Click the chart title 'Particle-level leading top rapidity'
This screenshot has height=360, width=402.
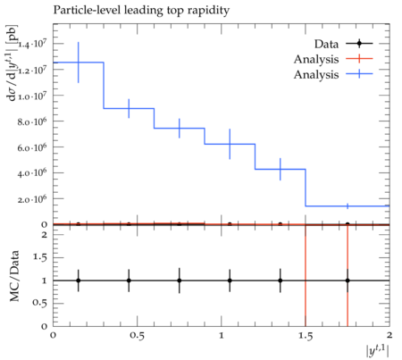click(141, 11)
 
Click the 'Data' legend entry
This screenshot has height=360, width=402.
click(326, 44)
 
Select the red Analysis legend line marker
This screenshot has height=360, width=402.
click(359, 59)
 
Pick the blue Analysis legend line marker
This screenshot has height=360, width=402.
click(359, 73)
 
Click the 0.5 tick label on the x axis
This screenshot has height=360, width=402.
click(137, 336)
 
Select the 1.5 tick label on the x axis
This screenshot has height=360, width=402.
click(306, 336)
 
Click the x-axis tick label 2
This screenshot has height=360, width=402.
click(389, 335)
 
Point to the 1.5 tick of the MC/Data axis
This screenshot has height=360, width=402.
click(40, 257)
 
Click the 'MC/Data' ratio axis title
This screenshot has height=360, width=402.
click(14, 276)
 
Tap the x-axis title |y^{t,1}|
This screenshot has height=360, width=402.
click(377, 350)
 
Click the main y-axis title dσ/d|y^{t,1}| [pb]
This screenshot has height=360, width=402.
click(13, 63)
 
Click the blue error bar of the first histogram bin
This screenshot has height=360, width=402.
click(79, 63)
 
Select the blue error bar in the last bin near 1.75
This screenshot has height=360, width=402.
click(348, 206)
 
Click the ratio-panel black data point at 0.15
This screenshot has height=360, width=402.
click(79, 280)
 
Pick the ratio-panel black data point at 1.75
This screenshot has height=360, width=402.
click(348, 280)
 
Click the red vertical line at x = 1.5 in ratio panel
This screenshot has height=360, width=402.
click(306, 275)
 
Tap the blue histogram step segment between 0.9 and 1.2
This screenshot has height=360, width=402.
click(230, 144)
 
